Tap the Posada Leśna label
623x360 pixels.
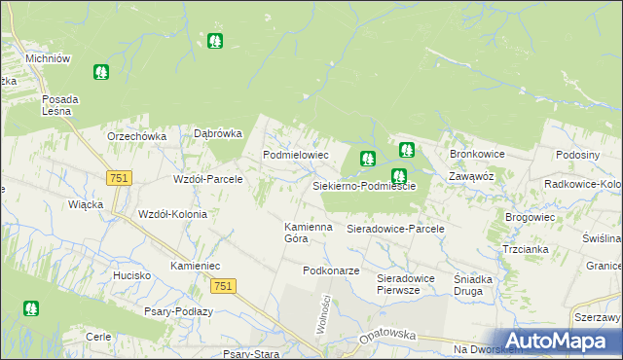pos(60,105)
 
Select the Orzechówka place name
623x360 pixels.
pos(137,137)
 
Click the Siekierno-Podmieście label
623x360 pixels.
pos(364,186)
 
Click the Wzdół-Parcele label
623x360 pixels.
pos(207,180)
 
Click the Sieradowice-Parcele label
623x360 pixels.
pos(395,229)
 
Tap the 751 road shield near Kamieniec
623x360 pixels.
pos(222,284)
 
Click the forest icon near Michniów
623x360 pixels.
pos(100,72)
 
